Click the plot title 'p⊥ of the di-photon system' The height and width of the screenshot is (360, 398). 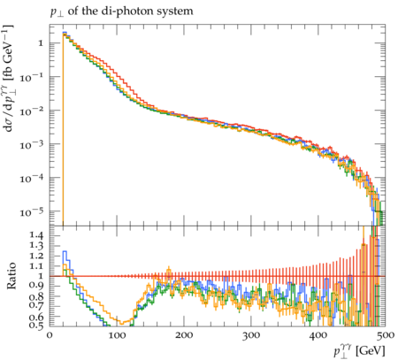(121, 12)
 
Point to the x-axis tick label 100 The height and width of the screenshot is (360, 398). (117, 335)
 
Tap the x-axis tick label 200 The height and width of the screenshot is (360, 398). (184, 335)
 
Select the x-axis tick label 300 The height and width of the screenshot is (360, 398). (251, 335)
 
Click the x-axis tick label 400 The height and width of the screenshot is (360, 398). (318, 335)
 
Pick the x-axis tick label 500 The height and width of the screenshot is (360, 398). (385, 335)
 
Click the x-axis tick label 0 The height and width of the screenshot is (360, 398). (50, 335)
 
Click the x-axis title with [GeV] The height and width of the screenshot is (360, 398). (359, 351)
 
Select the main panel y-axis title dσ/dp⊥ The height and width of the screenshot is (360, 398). (8, 78)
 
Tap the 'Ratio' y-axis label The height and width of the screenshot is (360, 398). (11, 276)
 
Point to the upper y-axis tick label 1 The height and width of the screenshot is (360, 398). (41, 43)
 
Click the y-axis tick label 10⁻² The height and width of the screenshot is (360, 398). (32, 111)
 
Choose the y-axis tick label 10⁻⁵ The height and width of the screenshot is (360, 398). (32, 211)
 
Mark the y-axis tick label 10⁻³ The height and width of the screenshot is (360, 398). (32, 144)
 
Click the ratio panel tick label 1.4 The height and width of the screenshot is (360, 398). (36, 235)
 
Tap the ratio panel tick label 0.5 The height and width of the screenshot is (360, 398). (36, 326)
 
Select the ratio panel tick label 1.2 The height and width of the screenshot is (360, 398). (36, 256)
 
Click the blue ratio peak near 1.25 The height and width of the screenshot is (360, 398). (65, 251)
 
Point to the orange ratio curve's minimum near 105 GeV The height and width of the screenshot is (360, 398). (120, 323)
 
